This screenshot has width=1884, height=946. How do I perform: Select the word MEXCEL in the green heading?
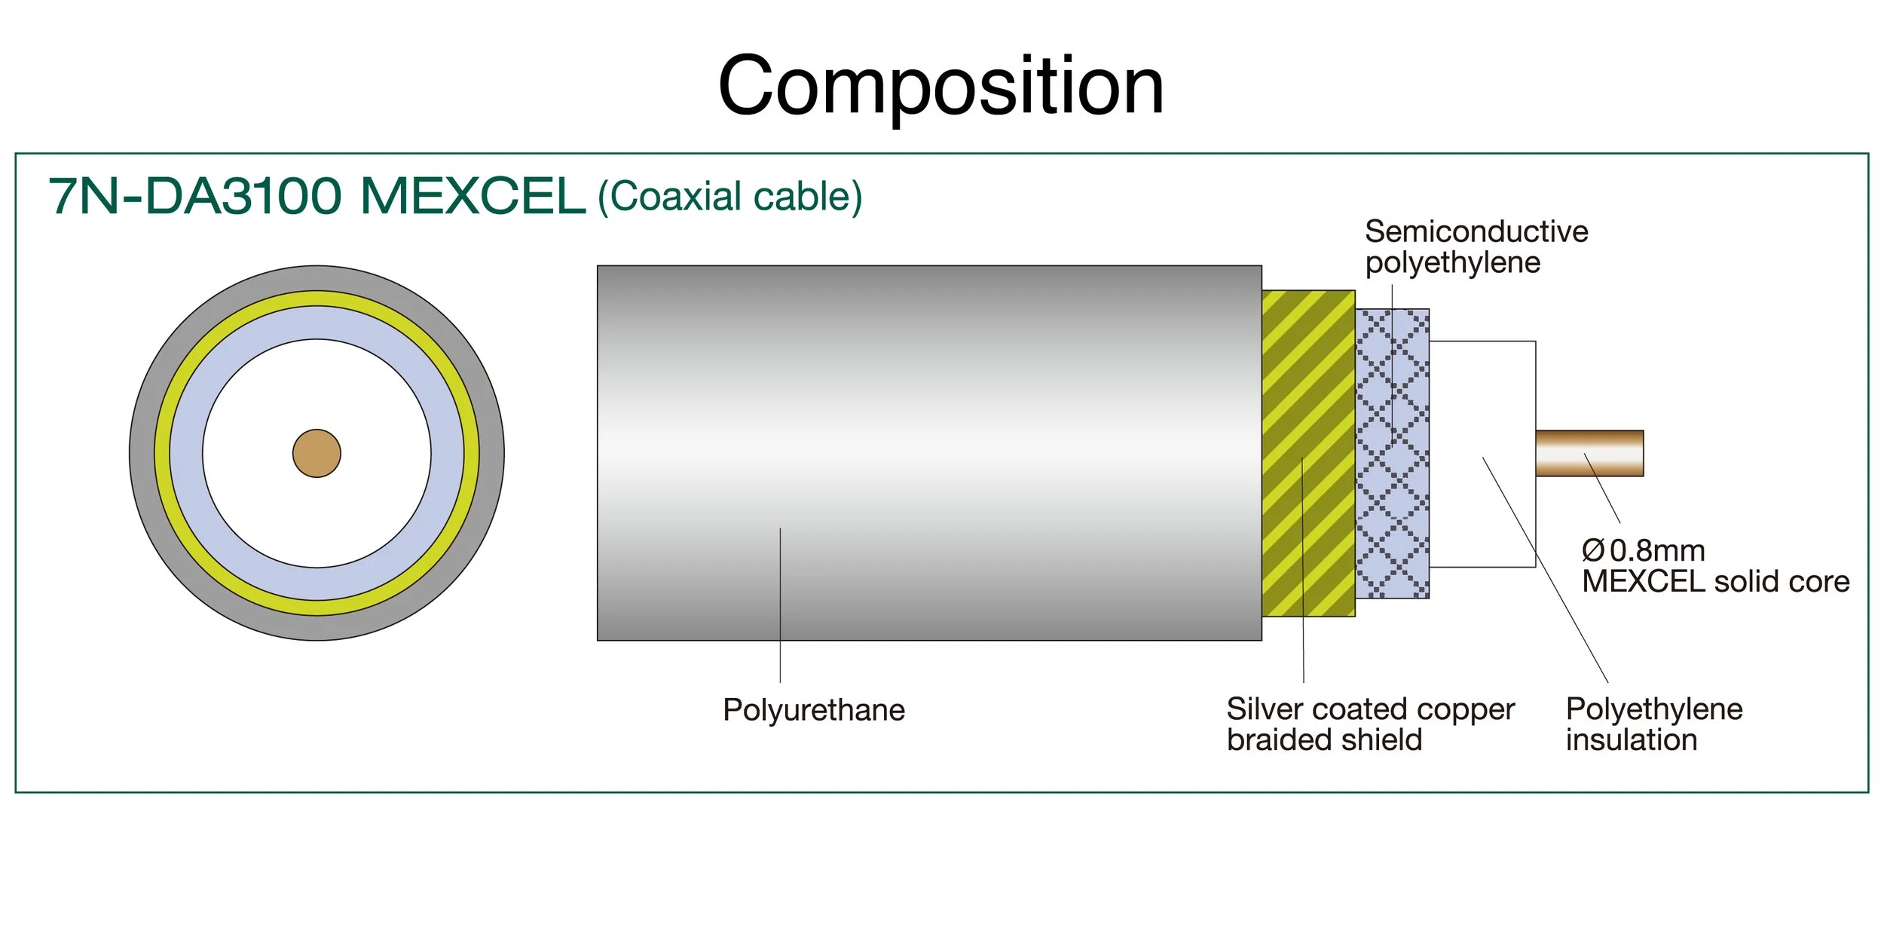point(473,197)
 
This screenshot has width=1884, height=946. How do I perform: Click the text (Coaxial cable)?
point(729,197)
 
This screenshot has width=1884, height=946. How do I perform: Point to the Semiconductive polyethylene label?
point(1476,247)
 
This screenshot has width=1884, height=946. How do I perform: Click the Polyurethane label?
point(813,710)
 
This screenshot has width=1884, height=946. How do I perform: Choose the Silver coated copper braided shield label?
point(1369,724)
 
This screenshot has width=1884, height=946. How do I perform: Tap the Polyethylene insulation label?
point(1653,724)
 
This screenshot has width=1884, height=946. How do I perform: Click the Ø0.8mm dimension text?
point(1643,551)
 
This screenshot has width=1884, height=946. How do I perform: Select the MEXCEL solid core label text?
point(1715,582)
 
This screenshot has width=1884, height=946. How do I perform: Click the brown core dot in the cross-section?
point(317,453)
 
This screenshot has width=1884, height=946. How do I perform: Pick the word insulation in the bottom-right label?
point(1631,740)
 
